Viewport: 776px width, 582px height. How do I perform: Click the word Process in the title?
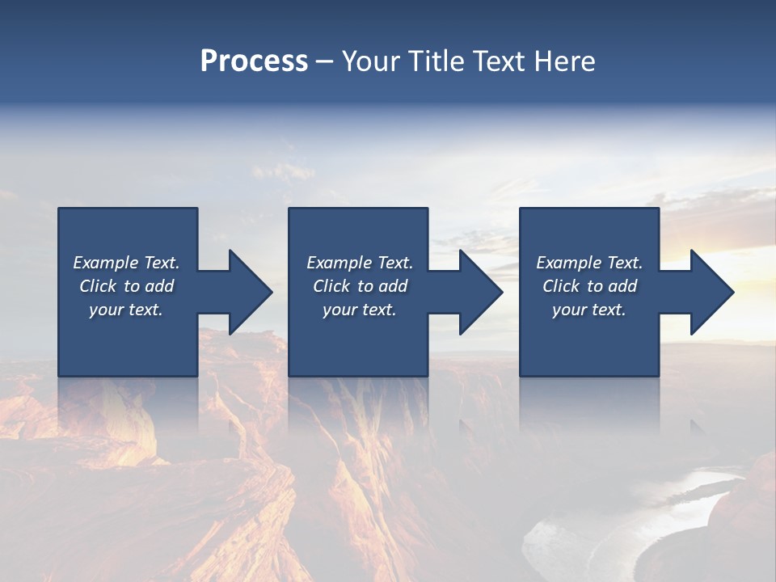[x=254, y=61]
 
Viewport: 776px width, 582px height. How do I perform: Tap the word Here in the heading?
[x=565, y=61]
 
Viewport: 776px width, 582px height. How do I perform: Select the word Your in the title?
[x=371, y=61]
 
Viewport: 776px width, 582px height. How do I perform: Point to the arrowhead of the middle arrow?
[x=483, y=292]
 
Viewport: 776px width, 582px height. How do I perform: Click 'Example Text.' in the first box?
[x=126, y=263]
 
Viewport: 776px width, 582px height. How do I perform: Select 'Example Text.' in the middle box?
[x=360, y=263]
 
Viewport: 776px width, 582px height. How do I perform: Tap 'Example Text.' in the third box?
[x=589, y=263]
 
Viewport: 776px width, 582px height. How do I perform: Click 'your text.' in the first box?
[x=126, y=310]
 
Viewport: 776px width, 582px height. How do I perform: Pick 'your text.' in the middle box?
[x=360, y=310]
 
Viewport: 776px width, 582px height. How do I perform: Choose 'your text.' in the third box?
[x=589, y=310]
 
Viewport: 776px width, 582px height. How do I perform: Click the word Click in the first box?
[x=99, y=286]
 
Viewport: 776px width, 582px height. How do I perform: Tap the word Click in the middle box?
[x=332, y=286]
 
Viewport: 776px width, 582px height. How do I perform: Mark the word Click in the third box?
[x=562, y=286]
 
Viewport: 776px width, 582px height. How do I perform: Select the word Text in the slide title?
[x=498, y=61]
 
